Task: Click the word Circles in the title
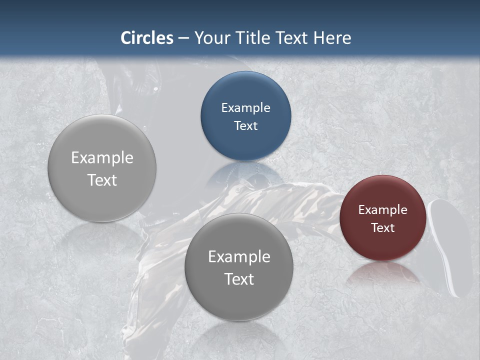(146, 38)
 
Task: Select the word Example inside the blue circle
(245, 108)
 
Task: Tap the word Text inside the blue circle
(245, 126)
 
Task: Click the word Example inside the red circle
(382, 210)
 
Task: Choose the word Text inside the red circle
(382, 228)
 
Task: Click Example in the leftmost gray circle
(102, 158)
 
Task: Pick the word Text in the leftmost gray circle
(102, 180)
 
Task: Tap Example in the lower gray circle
(239, 257)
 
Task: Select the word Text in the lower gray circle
(239, 279)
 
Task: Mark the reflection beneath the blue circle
(245, 172)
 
